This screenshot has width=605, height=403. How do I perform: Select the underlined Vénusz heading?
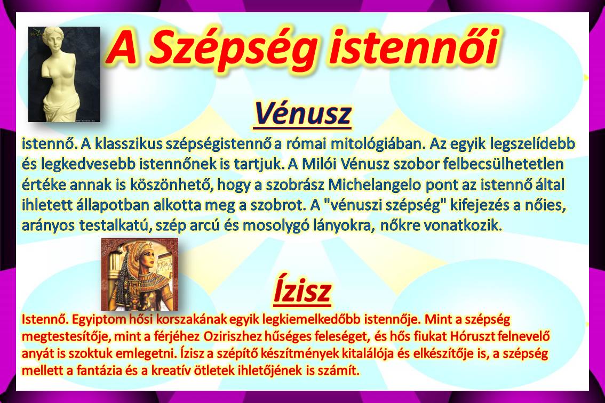click(x=303, y=114)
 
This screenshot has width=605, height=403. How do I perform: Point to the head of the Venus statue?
click(x=53, y=40)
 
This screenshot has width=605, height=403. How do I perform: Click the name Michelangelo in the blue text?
click(x=375, y=185)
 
